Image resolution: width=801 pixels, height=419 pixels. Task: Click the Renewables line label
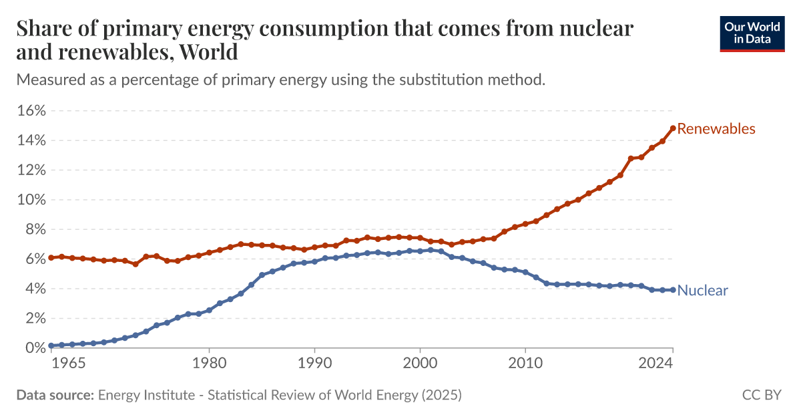point(716,129)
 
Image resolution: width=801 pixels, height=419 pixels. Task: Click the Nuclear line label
point(702,291)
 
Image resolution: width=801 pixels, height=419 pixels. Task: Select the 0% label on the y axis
point(34,347)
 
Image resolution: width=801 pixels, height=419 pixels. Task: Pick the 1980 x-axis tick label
point(209,364)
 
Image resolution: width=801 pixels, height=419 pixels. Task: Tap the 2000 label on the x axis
point(420,364)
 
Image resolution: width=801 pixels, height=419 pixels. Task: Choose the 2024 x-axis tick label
point(673,364)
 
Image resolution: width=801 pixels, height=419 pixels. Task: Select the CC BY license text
point(762,395)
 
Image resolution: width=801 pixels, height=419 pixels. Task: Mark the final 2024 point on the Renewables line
point(673,128)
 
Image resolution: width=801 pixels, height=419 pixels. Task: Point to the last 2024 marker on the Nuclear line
point(673,290)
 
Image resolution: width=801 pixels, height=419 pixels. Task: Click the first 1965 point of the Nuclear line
point(51,345)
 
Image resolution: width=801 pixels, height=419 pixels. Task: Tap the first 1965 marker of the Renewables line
point(51,257)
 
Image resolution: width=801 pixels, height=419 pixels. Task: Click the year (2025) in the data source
point(441,395)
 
